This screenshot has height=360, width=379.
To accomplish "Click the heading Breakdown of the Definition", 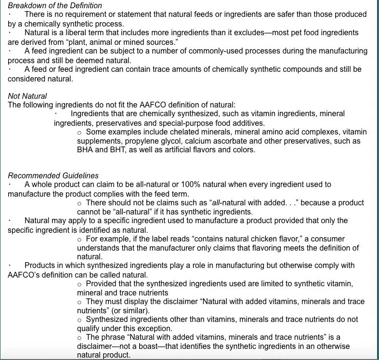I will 55,5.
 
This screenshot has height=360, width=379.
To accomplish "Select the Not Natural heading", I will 27,96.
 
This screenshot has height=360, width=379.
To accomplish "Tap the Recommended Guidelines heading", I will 53,175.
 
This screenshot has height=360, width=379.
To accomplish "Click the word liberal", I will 78,33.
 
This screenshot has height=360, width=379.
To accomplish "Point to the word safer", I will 272,14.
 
